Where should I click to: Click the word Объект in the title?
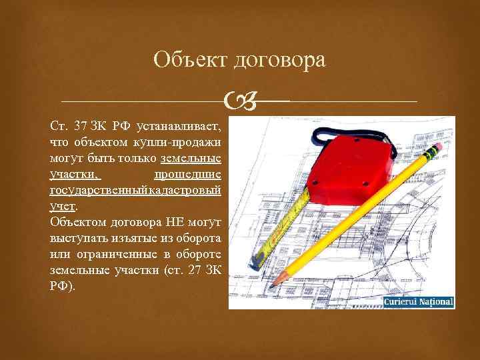(x=190, y=60)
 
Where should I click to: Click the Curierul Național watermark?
(x=418, y=302)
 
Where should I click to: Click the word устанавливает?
(x=179, y=127)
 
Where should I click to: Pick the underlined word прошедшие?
(x=187, y=175)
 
